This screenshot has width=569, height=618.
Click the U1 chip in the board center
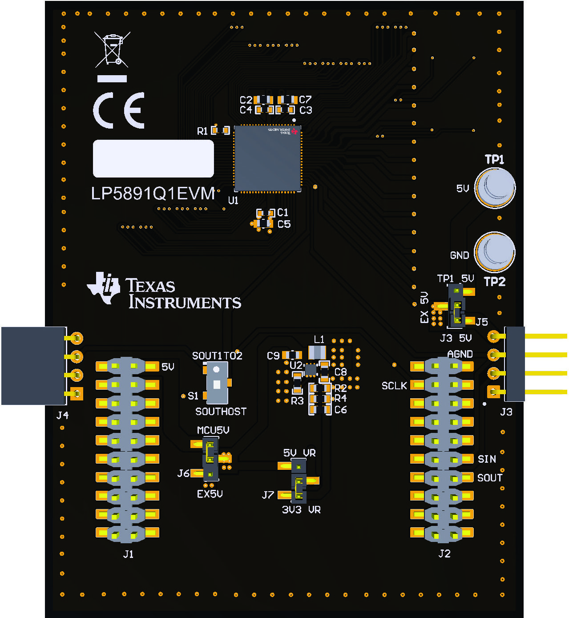267,158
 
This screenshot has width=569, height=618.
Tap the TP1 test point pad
495,188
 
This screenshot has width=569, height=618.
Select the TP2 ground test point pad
494,252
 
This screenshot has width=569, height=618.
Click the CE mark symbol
119,110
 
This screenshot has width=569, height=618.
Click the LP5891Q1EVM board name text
153,194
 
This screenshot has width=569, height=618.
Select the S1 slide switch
217,382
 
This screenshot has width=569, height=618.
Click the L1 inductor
317,352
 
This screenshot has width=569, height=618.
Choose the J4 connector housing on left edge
33,366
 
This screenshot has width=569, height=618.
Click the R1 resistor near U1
220,130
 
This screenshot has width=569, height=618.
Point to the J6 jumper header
210,458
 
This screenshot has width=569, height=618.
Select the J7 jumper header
299,481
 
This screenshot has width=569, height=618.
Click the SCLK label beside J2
394,386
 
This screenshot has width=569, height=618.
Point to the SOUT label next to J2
489,478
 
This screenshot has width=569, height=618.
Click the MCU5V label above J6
213,430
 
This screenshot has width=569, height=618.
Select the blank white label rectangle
153,159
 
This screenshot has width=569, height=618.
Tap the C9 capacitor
292,355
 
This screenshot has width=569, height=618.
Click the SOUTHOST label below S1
221,412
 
